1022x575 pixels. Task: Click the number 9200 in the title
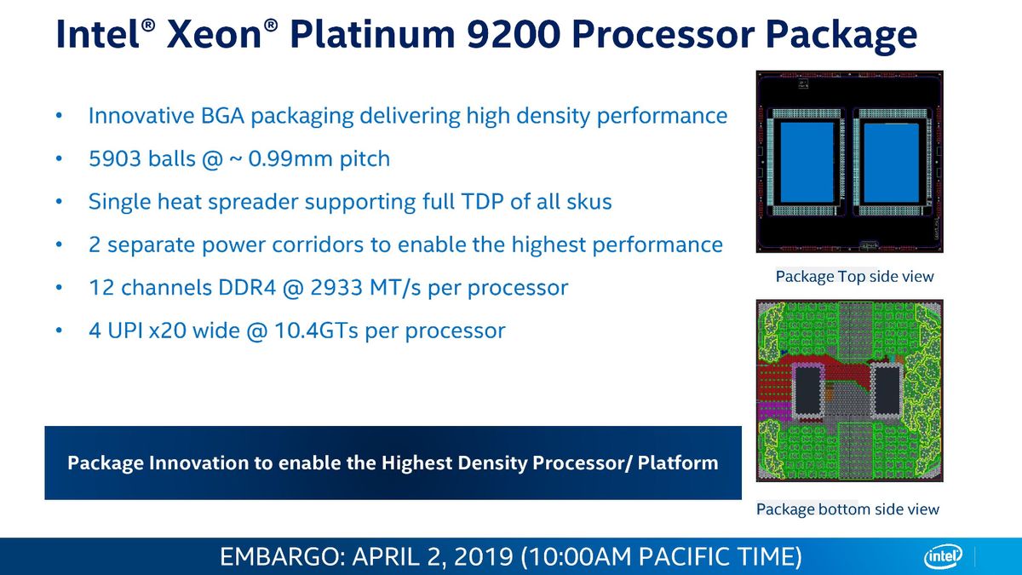(514, 35)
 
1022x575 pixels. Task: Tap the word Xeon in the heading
(214, 35)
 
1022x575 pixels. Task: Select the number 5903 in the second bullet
(115, 158)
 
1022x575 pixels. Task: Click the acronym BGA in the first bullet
(222, 116)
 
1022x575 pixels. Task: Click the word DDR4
(247, 288)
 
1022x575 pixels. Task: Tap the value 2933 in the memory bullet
(336, 288)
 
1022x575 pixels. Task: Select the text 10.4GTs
(316, 331)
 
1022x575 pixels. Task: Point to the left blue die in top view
(807, 163)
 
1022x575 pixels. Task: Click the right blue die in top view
(891, 163)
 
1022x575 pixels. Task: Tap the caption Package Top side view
(854, 276)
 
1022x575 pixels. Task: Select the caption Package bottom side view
(847, 509)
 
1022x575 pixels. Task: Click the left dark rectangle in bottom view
(807, 390)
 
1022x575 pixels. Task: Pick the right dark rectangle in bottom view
(887, 390)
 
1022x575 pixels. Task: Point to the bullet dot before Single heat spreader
(59, 201)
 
